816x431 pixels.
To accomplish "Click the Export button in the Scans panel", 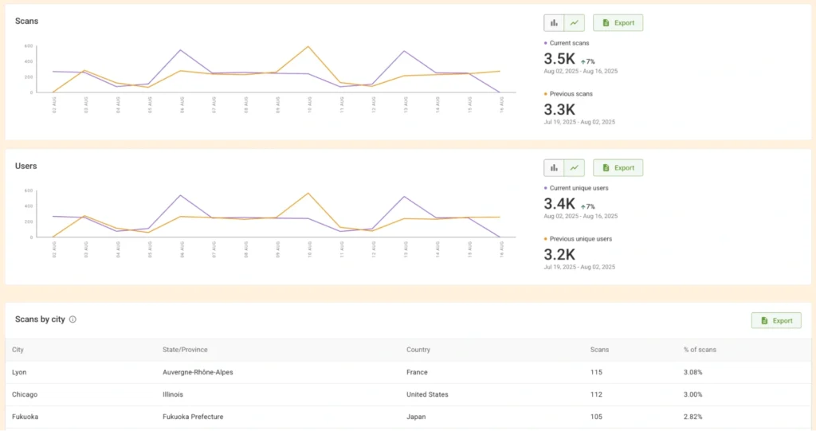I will (618, 23).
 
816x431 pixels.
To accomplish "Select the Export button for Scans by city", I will (776, 320).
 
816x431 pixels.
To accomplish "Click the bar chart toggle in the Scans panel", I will (554, 23).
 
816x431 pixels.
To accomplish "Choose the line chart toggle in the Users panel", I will (574, 168).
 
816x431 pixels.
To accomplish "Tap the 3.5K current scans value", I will (559, 59).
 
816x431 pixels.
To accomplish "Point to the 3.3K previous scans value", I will (559, 110).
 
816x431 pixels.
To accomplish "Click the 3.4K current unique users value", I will (559, 204).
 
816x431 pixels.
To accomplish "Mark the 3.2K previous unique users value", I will (559, 255).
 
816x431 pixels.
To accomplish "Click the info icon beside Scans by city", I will (73, 319).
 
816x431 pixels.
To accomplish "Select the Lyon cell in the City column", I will (20, 372).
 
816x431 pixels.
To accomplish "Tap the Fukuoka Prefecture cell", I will (192, 417).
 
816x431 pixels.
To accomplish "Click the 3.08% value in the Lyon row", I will (692, 372).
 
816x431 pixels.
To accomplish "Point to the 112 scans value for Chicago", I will (596, 394).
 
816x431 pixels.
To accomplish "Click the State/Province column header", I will (185, 350).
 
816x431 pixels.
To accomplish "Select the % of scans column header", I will (700, 350).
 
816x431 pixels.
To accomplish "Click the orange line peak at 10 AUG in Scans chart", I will (308, 46).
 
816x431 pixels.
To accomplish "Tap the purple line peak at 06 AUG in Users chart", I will (181, 195).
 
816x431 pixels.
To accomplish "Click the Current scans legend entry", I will (569, 42).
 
